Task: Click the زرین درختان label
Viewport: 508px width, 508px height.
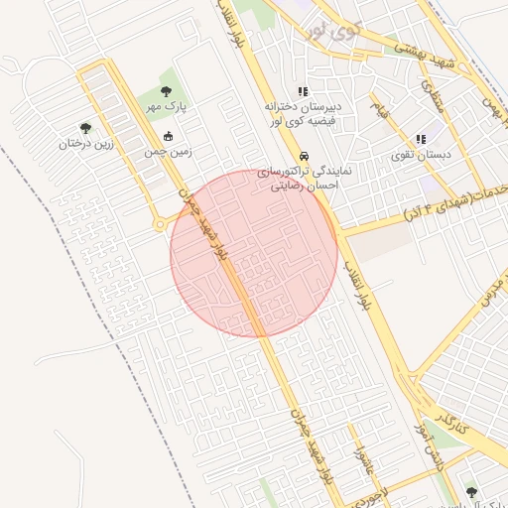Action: pyautogui.click(x=85, y=143)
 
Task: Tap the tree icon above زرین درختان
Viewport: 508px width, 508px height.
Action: pyautogui.click(x=85, y=128)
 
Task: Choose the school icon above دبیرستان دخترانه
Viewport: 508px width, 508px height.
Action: pyautogui.click(x=303, y=91)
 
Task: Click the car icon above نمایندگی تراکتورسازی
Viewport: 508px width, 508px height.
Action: pyautogui.click(x=305, y=157)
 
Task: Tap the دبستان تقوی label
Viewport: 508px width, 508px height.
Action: pyautogui.click(x=421, y=154)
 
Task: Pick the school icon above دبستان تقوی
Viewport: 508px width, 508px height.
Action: pyautogui.click(x=421, y=140)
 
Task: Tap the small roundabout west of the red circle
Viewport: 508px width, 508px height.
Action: pyautogui.click(x=160, y=224)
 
